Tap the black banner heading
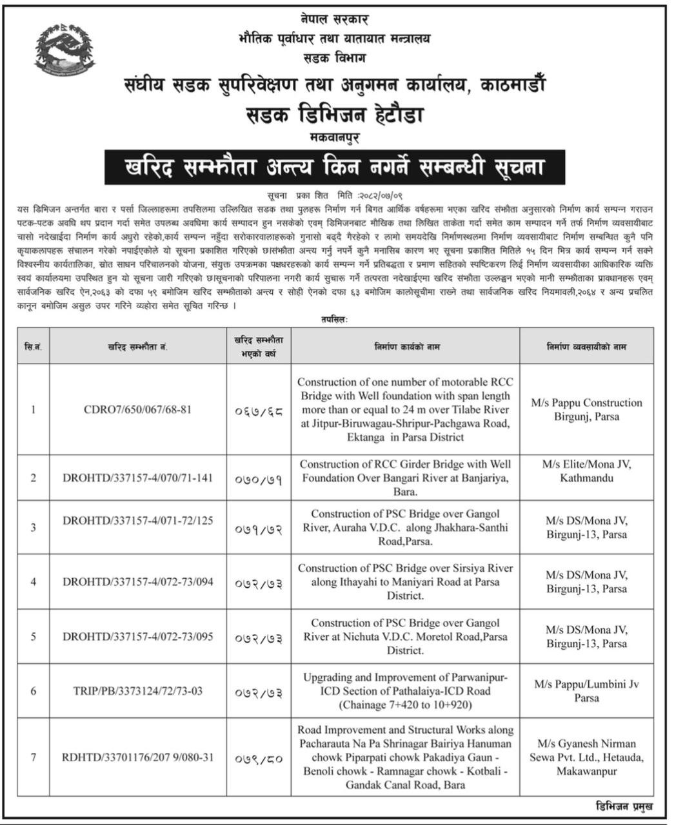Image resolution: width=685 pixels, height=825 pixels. click(334, 168)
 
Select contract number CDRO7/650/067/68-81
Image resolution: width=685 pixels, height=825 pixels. click(137, 409)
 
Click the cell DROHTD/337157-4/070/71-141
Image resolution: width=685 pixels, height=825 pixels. click(137, 478)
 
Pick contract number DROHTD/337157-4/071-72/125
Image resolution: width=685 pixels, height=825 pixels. click(137, 527)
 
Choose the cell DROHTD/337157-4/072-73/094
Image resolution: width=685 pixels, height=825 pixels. click(137, 582)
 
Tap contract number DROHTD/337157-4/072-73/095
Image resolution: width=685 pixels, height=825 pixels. click(137, 637)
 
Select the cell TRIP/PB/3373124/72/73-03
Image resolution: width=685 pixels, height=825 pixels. click(137, 691)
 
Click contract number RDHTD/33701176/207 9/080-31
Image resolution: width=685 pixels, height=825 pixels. click(137, 758)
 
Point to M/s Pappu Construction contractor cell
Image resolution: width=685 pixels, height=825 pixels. click(586, 409)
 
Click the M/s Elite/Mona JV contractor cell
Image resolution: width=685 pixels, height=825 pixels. click(586, 471)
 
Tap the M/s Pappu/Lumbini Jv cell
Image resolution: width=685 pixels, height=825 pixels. click(586, 691)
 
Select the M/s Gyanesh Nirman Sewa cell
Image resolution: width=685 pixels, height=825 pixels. click(586, 757)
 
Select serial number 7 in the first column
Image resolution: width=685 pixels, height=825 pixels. click(34, 758)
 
